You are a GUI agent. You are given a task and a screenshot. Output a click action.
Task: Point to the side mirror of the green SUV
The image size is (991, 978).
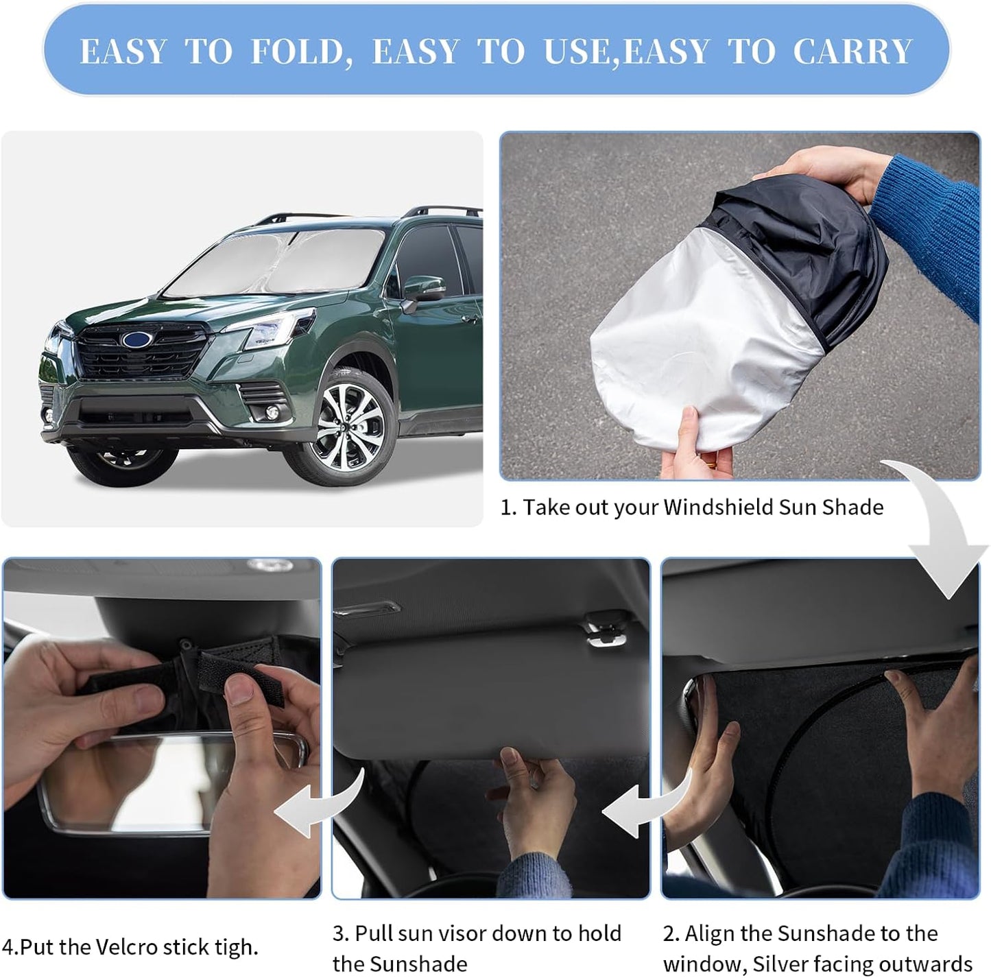pos(424,291)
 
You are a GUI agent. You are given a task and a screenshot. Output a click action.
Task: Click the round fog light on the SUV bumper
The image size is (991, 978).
pos(272,412)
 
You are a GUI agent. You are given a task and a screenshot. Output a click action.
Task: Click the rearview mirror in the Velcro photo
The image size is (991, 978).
pos(171,775)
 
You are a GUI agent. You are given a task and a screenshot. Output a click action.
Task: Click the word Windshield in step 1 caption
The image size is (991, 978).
pos(717,508)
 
